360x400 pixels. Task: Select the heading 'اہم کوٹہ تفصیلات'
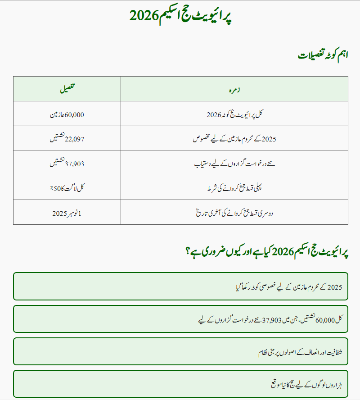(323, 55)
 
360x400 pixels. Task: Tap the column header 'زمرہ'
(234, 89)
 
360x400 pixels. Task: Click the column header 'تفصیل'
(67, 89)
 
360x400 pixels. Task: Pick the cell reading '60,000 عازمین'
(67, 114)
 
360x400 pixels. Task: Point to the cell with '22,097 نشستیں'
(67, 139)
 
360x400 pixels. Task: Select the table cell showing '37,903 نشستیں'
(67, 164)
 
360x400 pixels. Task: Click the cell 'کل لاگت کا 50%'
(67, 188)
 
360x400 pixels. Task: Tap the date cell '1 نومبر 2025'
(67, 213)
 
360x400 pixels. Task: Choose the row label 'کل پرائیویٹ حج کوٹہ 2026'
(234, 114)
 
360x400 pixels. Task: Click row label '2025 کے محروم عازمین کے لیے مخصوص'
(234, 139)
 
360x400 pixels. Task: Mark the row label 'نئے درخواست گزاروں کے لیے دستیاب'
(234, 164)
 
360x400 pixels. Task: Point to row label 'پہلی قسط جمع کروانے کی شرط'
(234, 188)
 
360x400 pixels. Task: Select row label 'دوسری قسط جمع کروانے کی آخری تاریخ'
(234, 213)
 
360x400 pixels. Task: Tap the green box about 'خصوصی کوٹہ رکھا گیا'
(180, 286)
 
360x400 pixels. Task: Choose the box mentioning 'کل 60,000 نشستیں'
(180, 319)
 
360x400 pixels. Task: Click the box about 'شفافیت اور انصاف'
(180, 351)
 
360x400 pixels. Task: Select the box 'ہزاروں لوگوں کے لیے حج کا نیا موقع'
(180, 384)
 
